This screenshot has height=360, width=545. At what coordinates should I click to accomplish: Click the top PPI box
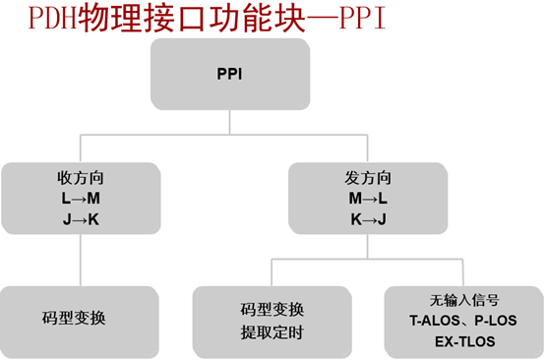[229, 74]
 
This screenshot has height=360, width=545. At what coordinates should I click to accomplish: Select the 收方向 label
[80, 179]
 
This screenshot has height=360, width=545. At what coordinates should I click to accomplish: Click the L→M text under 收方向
[80, 199]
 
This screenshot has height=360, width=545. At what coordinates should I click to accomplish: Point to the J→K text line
[80, 218]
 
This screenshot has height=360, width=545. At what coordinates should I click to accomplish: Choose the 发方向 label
[367, 179]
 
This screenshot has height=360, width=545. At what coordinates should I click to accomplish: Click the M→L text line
[367, 199]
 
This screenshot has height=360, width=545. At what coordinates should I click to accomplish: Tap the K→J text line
[367, 218]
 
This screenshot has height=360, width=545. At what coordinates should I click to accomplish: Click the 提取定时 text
[271, 331]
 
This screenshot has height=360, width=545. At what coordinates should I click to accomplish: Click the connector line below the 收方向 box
[80, 260]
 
